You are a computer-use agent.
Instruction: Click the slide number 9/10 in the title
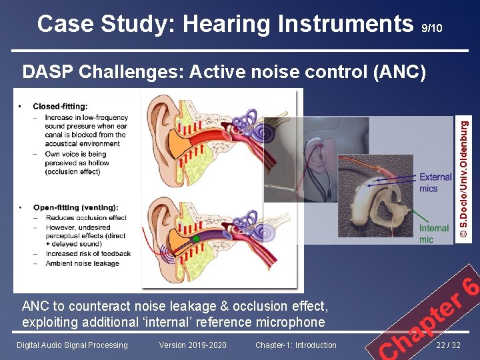pos(431,28)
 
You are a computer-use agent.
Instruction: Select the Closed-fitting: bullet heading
pos(60,106)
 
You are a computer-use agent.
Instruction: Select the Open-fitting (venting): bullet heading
pos(75,207)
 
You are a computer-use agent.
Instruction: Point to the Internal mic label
pos(433,233)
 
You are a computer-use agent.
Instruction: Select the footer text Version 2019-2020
pos(193,345)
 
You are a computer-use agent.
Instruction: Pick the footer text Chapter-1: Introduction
pos(295,345)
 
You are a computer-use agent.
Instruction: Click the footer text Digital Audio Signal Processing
pos(72,345)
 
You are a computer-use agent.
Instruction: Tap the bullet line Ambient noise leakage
pos(82,263)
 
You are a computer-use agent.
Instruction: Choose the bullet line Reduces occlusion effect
pos(85,217)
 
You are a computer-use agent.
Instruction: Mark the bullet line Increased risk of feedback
pos(87,254)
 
